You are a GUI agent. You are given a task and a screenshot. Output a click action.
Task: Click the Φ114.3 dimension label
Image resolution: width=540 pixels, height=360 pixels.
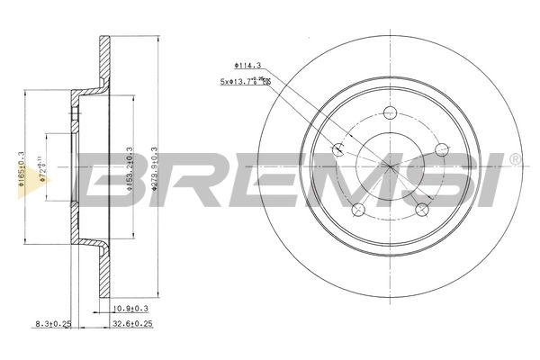247,66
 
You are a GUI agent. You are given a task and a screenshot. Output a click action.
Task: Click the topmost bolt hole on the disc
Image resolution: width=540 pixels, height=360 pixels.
390,112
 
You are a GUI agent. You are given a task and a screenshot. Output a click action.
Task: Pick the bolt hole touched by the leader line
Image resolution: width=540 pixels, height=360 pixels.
339,150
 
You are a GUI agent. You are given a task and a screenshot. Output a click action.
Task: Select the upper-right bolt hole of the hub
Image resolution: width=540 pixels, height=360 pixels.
441,149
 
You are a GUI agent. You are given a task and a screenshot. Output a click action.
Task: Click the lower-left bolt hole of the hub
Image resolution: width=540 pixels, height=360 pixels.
358,210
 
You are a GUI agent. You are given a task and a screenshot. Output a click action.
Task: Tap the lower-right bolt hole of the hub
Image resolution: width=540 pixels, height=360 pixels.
421,210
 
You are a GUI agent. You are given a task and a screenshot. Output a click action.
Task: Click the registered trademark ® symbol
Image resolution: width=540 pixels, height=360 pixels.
514,160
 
